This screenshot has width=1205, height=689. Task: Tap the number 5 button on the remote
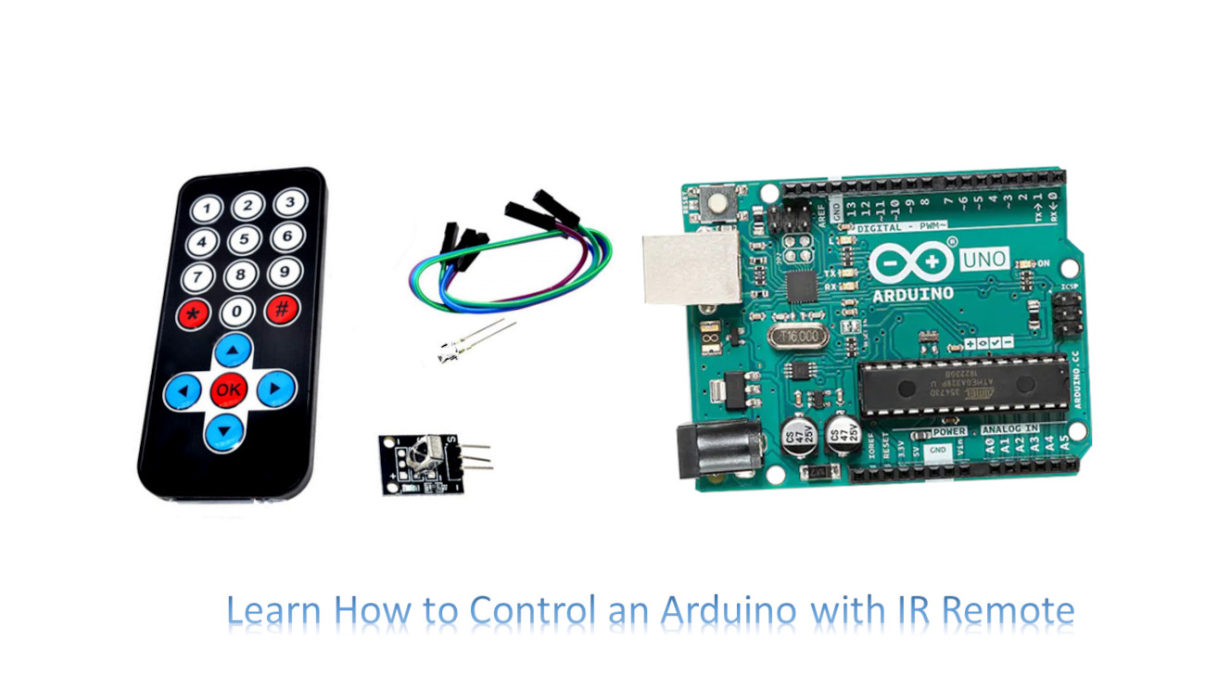(244, 240)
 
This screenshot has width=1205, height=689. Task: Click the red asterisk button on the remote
(194, 313)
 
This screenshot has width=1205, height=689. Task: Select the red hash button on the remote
(282, 309)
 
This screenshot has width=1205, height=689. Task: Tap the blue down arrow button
(224, 430)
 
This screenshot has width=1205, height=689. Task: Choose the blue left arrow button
(183, 391)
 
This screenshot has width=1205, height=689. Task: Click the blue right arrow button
(275, 389)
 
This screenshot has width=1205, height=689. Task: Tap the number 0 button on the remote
(237, 312)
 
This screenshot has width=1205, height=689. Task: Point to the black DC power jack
(718, 450)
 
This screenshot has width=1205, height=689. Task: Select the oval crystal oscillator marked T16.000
(798, 336)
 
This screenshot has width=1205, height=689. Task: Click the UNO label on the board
(983, 259)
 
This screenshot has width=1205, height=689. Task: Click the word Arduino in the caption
(729, 611)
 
